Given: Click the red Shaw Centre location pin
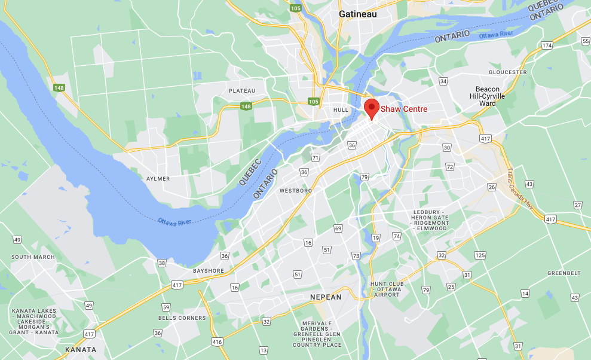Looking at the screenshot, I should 372,108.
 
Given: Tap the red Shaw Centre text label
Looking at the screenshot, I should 404,109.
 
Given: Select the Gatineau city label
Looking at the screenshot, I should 358,14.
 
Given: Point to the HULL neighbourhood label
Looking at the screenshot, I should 341,110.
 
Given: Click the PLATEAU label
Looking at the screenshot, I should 242,91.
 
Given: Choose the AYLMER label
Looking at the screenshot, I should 158,179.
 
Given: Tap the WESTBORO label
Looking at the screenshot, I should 296,191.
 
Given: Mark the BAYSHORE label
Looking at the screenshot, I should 209,271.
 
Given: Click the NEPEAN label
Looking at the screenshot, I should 326,297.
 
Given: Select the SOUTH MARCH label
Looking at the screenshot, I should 33,257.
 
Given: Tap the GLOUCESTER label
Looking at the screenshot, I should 507,72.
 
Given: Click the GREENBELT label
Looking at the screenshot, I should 564,273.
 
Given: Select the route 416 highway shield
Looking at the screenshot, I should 216,342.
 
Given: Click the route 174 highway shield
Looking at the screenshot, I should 547,45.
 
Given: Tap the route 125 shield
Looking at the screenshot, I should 480,255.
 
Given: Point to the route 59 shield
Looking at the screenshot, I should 166,307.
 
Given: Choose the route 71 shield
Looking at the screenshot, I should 315,157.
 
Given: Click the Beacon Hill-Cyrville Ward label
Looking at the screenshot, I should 486,96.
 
